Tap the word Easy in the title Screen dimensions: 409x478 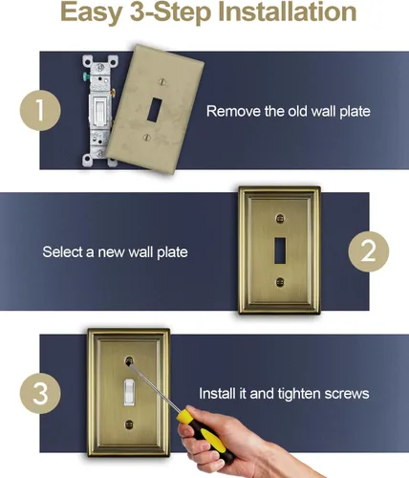92,13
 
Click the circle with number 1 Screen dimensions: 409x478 40,110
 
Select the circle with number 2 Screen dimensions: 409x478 369,251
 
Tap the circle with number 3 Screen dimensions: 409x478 40,394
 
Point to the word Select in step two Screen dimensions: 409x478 62,251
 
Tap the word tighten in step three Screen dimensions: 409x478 299,394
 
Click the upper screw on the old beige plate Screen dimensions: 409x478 162,82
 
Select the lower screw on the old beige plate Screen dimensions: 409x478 146,138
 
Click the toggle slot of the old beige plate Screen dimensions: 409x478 155,110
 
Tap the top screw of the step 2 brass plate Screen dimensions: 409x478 280,218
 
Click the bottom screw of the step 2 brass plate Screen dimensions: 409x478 280,282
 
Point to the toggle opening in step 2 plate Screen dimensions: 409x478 280,250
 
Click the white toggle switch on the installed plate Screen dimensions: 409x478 129,392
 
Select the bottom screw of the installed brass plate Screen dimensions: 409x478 129,424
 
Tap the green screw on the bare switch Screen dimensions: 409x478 86,76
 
